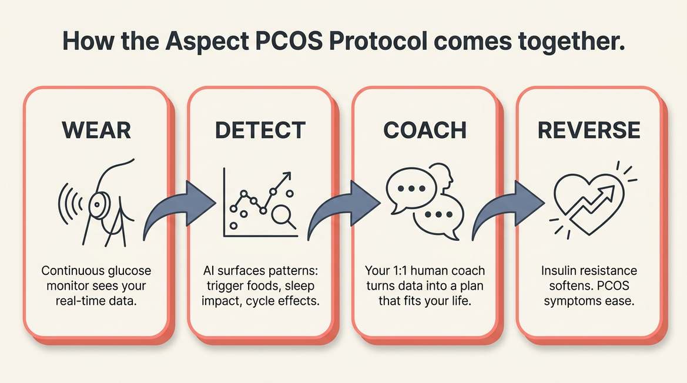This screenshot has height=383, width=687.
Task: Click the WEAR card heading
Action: (x=96, y=130)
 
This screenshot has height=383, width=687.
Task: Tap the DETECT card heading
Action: (x=260, y=130)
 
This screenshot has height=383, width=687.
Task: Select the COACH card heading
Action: (x=425, y=130)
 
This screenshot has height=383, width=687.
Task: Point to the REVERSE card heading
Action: (x=589, y=130)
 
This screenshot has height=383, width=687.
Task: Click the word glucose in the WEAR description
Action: (x=126, y=271)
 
